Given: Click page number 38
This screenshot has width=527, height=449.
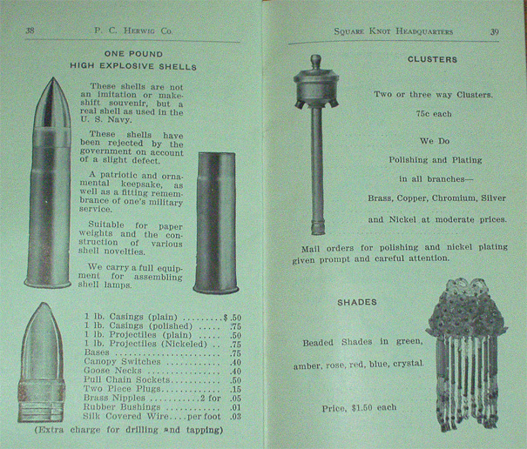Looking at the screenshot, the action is click(x=30, y=30).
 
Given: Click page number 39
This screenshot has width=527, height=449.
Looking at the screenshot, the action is click(x=495, y=32).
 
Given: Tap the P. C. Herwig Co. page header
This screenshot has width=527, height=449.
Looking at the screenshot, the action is click(x=133, y=31).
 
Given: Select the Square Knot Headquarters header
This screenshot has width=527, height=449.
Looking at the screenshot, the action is click(x=393, y=31).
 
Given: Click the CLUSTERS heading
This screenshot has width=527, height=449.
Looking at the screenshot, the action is click(x=432, y=59).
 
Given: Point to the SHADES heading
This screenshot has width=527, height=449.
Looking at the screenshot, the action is click(x=357, y=302).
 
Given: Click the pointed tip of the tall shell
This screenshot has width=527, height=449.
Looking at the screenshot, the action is click(x=53, y=78).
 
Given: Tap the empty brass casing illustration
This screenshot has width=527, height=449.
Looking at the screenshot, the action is click(x=216, y=223).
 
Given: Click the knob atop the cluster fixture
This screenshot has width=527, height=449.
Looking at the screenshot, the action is click(x=315, y=62).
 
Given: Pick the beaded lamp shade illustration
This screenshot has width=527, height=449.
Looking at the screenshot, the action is click(x=467, y=355).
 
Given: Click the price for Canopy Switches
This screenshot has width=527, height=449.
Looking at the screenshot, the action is click(x=235, y=362).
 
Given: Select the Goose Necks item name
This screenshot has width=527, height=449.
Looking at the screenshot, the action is click(x=112, y=371).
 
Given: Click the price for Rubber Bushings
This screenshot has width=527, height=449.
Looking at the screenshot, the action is click(x=235, y=408).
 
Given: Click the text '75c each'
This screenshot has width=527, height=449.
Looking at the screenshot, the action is click(x=434, y=114).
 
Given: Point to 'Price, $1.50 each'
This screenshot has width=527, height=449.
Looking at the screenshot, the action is click(x=359, y=408).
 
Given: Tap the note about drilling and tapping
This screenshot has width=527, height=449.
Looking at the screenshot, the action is click(x=129, y=430).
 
